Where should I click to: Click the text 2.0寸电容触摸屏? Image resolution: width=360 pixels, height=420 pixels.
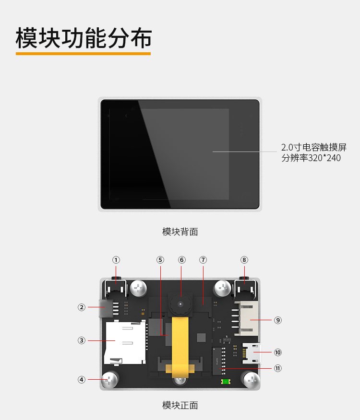(x=313, y=147)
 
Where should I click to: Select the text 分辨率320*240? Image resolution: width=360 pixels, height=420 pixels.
(x=311, y=158)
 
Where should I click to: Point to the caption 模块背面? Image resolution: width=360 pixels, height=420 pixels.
(x=180, y=232)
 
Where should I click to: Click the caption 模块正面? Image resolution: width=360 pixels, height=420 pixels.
(x=180, y=405)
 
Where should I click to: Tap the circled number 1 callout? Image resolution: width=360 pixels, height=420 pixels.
(x=116, y=260)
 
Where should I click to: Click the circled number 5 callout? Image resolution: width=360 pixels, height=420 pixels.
(x=160, y=260)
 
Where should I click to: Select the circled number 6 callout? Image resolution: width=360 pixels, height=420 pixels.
(x=181, y=260)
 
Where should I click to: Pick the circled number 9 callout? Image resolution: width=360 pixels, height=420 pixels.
(x=278, y=320)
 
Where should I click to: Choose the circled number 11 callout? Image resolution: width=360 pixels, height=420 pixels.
(x=278, y=368)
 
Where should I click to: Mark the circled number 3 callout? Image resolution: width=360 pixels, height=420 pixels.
(x=82, y=340)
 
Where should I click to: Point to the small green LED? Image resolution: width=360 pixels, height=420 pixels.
(x=225, y=382)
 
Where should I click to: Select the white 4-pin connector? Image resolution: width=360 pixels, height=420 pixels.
(x=247, y=319)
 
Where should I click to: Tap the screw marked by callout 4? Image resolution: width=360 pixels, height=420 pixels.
(x=111, y=380)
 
